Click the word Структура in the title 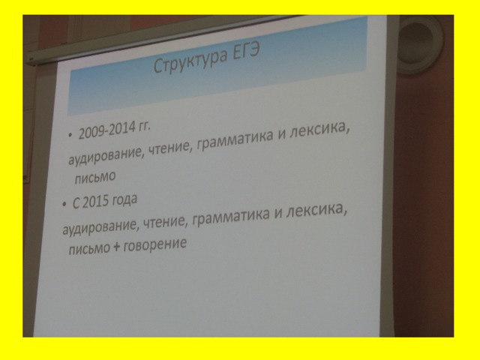coord(190,61)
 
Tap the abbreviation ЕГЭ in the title coord(246,51)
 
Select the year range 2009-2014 coord(106,130)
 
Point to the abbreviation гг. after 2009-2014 coord(144,126)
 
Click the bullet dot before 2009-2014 coord(70,135)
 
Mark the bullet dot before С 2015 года coord(64,204)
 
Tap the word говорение coord(155,244)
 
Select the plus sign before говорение coord(116,247)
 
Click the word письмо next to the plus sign coord(89,249)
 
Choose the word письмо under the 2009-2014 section coord(95,178)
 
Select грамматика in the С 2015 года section coord(232,217)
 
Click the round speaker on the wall coord(420,43)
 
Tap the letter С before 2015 coord(76,203)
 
